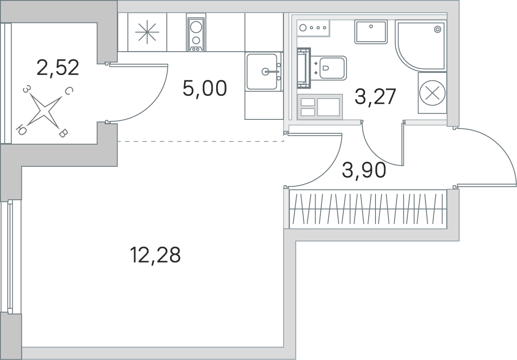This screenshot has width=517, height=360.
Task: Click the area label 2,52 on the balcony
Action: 58,68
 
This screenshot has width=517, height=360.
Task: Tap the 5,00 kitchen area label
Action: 205,88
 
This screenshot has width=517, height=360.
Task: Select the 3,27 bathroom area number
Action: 375,97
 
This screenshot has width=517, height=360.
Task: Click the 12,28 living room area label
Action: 156,255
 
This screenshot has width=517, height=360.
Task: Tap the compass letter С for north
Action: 68,91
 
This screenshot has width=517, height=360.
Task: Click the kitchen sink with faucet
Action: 264,71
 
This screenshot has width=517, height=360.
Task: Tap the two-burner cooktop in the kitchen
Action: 196,32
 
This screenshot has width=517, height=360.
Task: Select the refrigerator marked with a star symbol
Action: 147,32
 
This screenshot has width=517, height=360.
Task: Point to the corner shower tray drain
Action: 438,30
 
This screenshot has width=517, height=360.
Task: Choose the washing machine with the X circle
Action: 432,93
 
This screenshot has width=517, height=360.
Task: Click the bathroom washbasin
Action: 371,32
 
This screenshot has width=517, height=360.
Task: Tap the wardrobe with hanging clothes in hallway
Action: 368,209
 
